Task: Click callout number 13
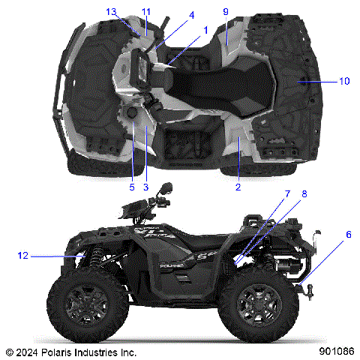pyautogui.click(x=111, y=12)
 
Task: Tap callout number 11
pyautogui.click(x=145, y=12)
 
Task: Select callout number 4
pyautogui.click(x=191, y=15)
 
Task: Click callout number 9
pyautogui.click(x=225, y=12)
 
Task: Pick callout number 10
pyautogui.click(x=344, y=81)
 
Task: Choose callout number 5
pyautogui.click(x=131, y=187)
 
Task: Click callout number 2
pyautogui.click(x=238, y=187)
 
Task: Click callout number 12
pyautogui.click(x=22, y=256)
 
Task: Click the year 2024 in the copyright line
pyautogui.click(x=28, y=351)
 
